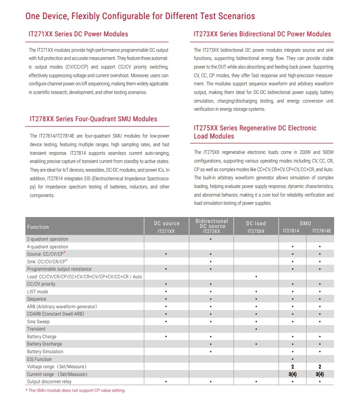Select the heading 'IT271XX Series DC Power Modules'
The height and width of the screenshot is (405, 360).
click(x=79, y=34)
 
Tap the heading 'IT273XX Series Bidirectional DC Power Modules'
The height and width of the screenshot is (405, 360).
click(x=262, y=34)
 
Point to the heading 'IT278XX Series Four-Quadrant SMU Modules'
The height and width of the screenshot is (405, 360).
click(x=93, y=119)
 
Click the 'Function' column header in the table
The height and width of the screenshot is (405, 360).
click(x=38, y=227)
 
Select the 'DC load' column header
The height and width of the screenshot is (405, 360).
click(x=256, y=223)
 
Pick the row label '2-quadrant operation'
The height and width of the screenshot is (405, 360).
click(x=48, y=239)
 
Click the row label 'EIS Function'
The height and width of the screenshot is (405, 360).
click(x=39, y=359)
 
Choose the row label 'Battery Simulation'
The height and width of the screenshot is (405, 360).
click(x=45, y=351)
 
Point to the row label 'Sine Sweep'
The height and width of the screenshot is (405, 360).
click(x=39, y=321)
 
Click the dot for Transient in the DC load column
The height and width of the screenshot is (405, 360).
click(x=256, y=329)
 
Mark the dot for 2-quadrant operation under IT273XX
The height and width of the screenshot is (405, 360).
click(x=211, y=239)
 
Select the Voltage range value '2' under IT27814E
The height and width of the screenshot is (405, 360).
click(x=320, y=366)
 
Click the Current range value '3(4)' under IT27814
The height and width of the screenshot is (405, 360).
click(x=293, y=374)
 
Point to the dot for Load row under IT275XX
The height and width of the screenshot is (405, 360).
click(x=256, y=277)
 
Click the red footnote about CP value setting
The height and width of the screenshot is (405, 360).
click(x=75, y=390)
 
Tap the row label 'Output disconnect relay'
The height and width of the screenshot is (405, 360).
click(x=49, y=381)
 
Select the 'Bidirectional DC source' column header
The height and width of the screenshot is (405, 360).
click(x=211, y=223)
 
